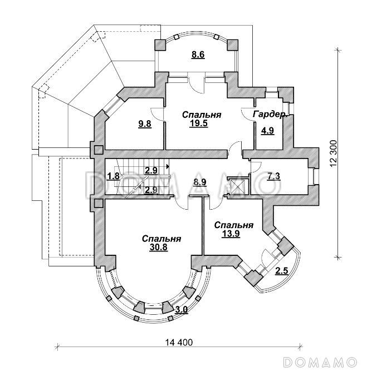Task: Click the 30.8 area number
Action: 158,247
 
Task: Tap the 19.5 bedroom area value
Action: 199,123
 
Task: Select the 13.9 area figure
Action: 231,233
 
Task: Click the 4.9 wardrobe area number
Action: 267,131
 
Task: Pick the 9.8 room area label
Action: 145,123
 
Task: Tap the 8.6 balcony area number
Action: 198,55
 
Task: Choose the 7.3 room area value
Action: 274,176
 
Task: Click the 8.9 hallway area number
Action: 200,182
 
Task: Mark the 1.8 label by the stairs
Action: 114,176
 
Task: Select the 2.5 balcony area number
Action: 281,270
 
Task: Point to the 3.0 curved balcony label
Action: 182,309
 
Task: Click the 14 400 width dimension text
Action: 179,342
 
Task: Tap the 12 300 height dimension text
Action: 333,154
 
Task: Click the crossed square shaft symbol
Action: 238,186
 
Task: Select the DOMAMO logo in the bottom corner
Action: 320,362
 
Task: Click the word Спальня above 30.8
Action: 162,239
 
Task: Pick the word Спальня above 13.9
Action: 234,225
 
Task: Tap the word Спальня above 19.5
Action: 202,115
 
